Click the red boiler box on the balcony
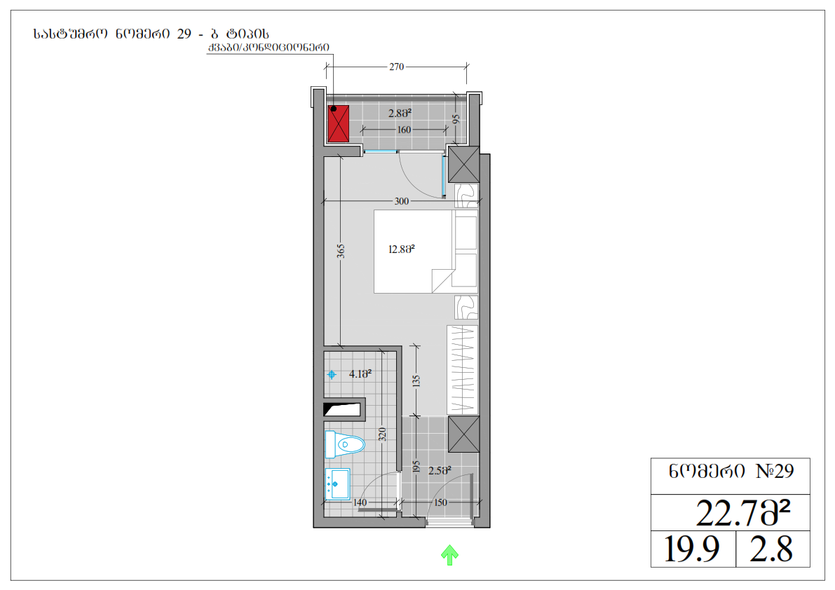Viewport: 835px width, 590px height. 338,123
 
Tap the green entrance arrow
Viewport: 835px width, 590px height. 450,555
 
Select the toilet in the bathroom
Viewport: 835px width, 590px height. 344,444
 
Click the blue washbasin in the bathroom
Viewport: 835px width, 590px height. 337,483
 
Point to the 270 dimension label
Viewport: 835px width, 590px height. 396,67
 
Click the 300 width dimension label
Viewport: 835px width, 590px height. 402,201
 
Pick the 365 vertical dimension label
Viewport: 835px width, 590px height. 341,251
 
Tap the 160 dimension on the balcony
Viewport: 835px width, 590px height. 405,130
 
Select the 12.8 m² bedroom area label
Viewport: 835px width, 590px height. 402,249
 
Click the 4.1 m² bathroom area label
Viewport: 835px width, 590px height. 360,374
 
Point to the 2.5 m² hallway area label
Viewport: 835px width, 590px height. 440,471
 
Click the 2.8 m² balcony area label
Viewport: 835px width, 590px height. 400,114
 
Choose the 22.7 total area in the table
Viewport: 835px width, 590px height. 743,513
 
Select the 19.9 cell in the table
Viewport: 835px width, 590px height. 692,549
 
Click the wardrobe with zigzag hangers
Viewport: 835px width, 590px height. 462,370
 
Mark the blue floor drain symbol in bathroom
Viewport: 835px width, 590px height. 332,375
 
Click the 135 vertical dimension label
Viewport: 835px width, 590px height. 416,381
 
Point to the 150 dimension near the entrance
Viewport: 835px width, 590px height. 440,502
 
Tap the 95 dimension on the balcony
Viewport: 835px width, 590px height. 456,119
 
